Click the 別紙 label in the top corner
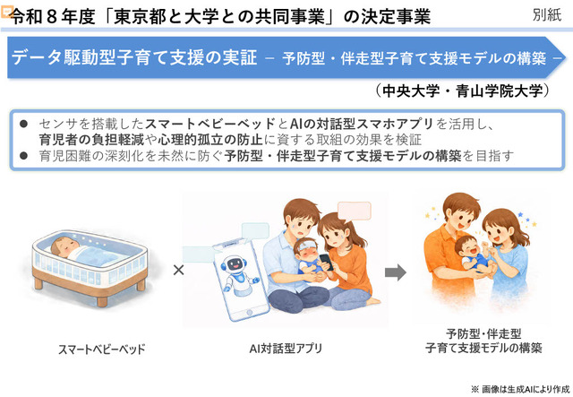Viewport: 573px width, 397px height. [x=547, y=14]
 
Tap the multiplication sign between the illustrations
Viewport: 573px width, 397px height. [x=178, y=270]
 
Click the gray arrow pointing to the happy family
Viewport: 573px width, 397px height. [x=396, y=272]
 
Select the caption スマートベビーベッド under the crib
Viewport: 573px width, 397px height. [x=101, y=349]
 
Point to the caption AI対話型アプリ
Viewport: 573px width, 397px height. [x=286, y=349]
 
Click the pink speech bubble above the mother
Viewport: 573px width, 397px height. [x=354, y=211]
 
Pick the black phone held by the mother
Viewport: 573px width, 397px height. [x=326, y=262]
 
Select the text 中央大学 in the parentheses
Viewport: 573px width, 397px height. [x=411, y=91]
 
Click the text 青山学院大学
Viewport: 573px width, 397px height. [x=500, y=91]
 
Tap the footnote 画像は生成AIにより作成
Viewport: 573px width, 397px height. [x=526, y=389]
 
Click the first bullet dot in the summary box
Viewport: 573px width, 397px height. [x=24, y=124]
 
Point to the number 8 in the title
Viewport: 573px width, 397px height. [x=51, y=17]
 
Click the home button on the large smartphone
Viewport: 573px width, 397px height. [x=249, y=313]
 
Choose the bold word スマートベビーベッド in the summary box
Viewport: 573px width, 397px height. [x=210, y=124]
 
